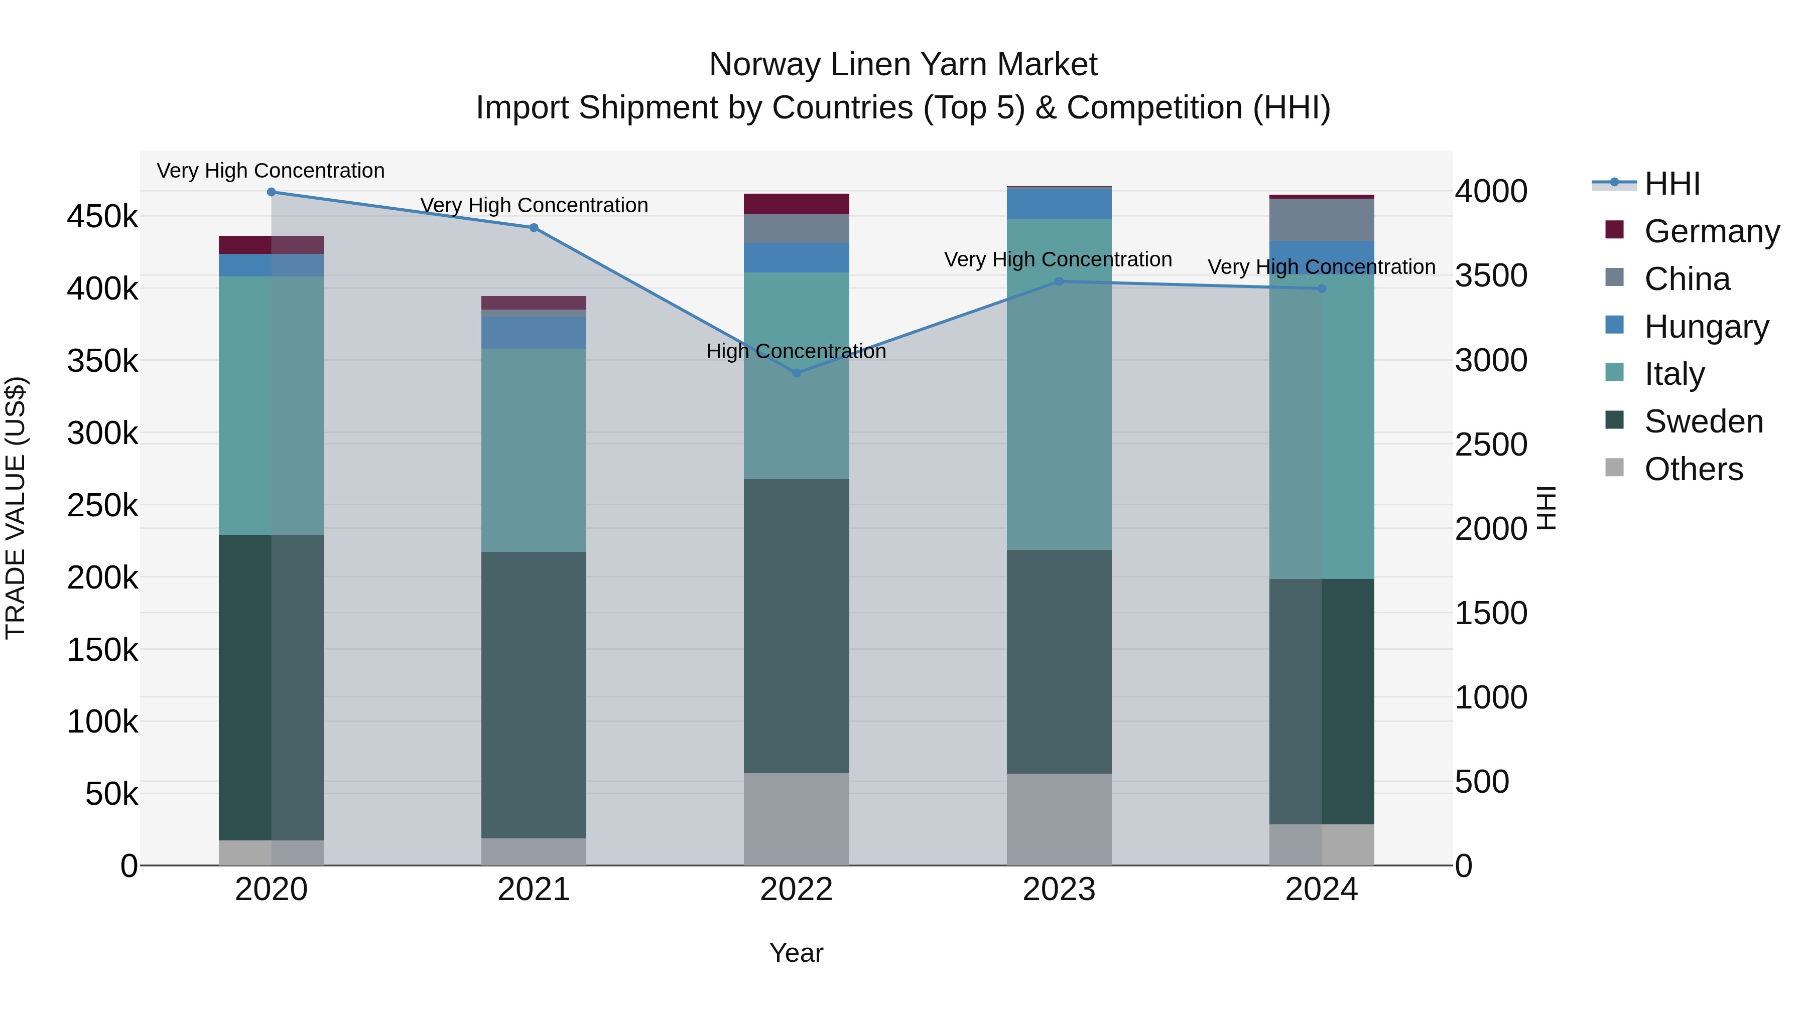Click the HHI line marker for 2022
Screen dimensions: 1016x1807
click(x=796, y=373)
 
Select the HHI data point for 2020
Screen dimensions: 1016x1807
click(x=272, y=192)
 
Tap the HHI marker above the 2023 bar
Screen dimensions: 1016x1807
click(x=1059, y=281)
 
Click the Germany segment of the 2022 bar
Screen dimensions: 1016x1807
click(x=796, y=204)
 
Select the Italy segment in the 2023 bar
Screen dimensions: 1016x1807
click(x=1059, y=384)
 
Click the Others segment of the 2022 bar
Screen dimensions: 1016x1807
click(x=796, y=819)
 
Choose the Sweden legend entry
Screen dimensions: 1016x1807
click(x=1703, y=421)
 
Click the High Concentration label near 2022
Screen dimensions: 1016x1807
click(x=796, y=351)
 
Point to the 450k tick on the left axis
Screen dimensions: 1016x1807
click(x=102, y=217)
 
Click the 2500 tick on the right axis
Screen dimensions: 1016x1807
click(x=1491, y=445)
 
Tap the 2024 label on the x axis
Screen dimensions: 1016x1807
click(x=1322, y=890)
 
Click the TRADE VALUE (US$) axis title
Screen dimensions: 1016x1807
click(x=16, y=508)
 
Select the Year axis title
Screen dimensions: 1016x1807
click(x=796, y=953)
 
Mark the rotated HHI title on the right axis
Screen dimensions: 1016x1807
click(x=1545, y=508)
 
